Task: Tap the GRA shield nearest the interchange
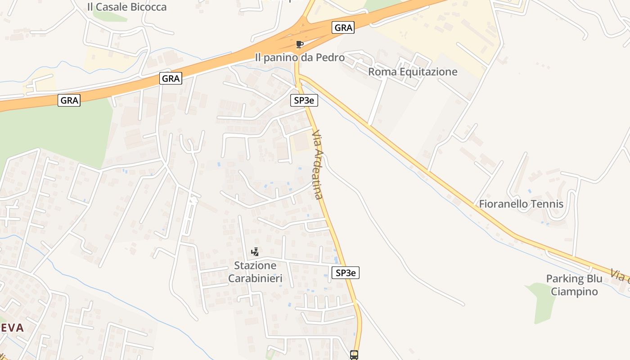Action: (343, 27)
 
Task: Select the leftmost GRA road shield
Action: (69, 100)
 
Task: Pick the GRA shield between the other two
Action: (171, 79)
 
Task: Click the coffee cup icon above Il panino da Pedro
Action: (300, 44)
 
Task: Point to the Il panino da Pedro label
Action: (300, 58)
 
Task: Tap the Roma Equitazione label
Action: (413, 72)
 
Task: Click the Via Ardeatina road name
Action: (318, 165)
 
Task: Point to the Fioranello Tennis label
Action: (521, 204)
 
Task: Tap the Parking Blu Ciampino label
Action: (574, 285)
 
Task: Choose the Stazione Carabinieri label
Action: (255, 272)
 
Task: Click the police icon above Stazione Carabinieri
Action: (255, 252)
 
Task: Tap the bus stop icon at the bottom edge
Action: (354, 355)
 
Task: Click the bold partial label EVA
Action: (12, 328)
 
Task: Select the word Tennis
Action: (547, 204)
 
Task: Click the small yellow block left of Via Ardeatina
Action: (301, 143)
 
